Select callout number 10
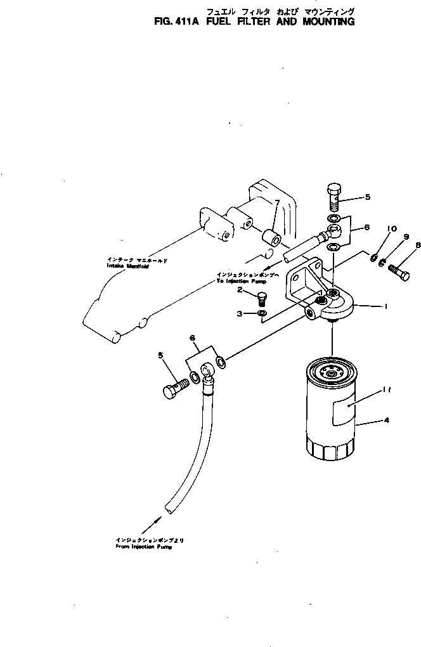point(391,229)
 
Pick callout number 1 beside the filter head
point(385,306)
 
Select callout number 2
point(240,290)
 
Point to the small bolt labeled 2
point(261,296)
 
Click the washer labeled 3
point(262,313)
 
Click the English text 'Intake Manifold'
point(127,266)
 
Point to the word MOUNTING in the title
point(324,21)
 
